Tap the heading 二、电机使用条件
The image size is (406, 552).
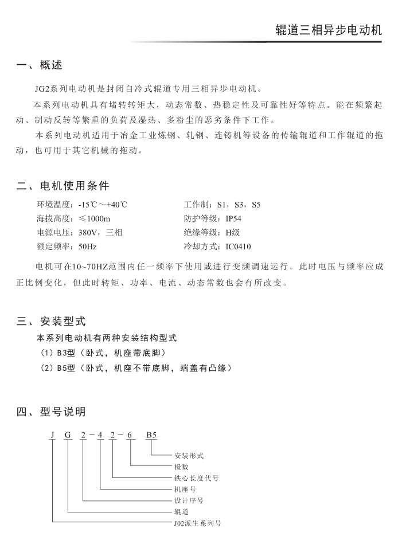tap(63, 186)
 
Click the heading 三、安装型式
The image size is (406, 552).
tap(51, 321)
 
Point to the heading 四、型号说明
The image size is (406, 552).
tap(51, 411)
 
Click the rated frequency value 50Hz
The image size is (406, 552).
tap(88, 246)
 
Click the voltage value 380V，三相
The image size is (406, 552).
tap(100, 233)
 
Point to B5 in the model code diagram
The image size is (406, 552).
tap(151, 435)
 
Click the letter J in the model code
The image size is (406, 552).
tap(52, 435)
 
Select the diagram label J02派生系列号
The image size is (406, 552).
tap(198, 523)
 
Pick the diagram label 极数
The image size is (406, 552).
tap(181, 467)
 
